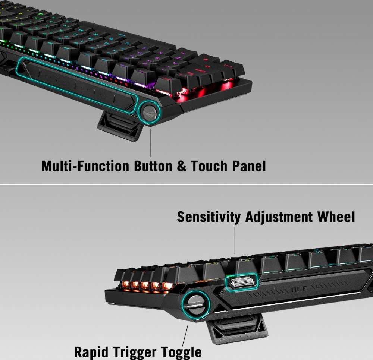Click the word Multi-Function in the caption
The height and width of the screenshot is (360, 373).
point(85,166)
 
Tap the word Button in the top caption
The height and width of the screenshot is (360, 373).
point(153,166)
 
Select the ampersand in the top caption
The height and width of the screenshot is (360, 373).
point(182,166)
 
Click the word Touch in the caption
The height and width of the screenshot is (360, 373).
point(209,166)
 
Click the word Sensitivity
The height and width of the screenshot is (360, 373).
point(209,217)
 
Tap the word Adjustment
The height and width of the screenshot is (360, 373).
point(279,217)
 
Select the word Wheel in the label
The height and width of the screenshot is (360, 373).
point(336,217)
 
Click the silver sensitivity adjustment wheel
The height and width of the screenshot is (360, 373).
point(241,282)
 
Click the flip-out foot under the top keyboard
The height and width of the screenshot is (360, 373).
point(120,126)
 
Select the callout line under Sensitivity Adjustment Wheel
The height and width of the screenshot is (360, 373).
point(235,240)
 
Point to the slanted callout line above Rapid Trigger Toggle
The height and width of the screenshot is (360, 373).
point(185,335)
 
